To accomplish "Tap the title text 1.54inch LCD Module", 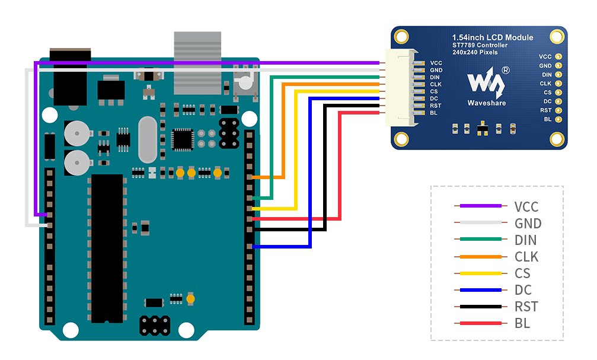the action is [493, 37].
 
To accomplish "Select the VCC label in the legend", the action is [526, 207].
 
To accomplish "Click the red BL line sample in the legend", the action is [480, 323].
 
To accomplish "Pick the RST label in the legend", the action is [526, 307].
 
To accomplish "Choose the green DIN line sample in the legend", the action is [480, 239].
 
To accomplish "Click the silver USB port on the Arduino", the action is [197, 63].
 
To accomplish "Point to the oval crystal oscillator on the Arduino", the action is [148, 139].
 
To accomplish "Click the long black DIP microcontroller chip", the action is [107, 249].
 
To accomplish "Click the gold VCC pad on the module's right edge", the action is [558, 57].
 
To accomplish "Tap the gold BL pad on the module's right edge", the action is [558, 119].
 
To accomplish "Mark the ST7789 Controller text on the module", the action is [480, 45].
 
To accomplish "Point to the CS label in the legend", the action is [522, 273].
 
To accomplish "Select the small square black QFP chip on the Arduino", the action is [183, 139].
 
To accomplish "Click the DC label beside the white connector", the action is [434, 98].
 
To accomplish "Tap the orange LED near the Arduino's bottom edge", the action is [191, 299].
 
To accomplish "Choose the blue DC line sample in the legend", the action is [480, 290].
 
